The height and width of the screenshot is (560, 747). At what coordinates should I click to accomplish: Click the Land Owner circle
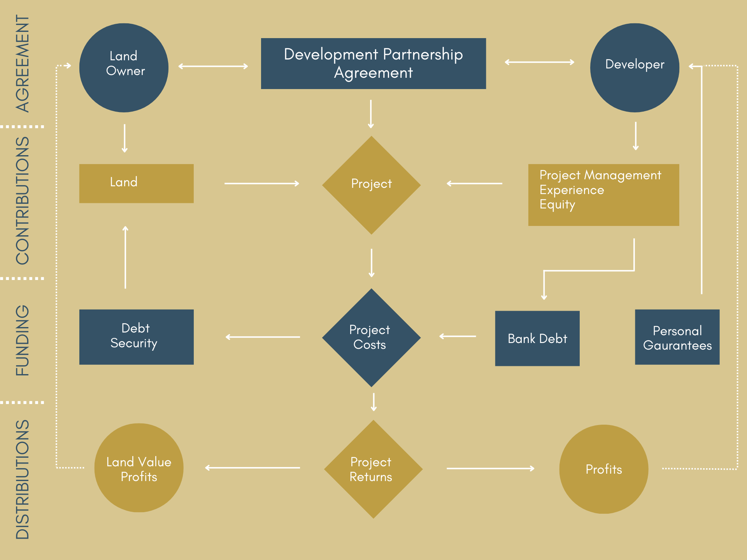pyautogui.click(x=124, y=68)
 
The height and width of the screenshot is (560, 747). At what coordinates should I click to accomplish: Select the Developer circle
pyautogui.click(x=635, y=68)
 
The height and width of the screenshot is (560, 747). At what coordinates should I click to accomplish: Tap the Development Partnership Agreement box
pyautogui.click(x=373, y=63)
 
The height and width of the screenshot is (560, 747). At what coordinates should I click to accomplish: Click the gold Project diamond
pyautogui.click(x=371, y=185)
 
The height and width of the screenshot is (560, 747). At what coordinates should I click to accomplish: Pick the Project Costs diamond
pyautogui.click(x=371, y=337)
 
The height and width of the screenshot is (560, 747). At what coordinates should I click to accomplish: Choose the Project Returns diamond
pyautogui.click(x=373, y=469)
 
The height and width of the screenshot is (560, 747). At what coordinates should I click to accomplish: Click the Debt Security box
pyautogui.click(x=136, y=337)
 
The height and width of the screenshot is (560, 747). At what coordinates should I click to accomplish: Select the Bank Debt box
pyautogui.click(x=537, y=338)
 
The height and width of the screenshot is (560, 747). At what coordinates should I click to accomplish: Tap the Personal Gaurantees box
pyautogui.click(x=677, y=337)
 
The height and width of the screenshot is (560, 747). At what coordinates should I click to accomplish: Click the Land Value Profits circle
pyautogui.click(x=139, y=468)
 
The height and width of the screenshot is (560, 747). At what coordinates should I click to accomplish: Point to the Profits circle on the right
pyautogui.click(x=603, y=469)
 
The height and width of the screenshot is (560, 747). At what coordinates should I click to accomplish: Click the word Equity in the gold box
pyautogui.click(x=557, y=205)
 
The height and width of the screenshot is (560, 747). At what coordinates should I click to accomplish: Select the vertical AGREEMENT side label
pyautogui.click(x=23, y=63)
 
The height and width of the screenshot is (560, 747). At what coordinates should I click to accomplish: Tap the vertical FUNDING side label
pyautogui.click(x=23, y=340)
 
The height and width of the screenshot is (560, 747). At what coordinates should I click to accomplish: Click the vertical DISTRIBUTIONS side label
pyautogui.click(x=23, y=479)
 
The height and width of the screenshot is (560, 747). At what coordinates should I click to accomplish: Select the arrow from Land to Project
pyautogui.click(x=261, y=183)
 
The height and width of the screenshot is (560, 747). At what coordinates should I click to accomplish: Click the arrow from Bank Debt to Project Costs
pyautogui.click(x=458, y=336)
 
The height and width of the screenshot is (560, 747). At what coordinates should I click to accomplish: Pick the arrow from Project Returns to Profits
pyautogui.click(x=490, y=469)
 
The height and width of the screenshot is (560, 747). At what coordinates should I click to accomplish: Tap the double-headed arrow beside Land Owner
pyautogui.click(x=213, y=66)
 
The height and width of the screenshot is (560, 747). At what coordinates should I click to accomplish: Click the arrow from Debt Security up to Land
pyautogui.click(x=125, y=257)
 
